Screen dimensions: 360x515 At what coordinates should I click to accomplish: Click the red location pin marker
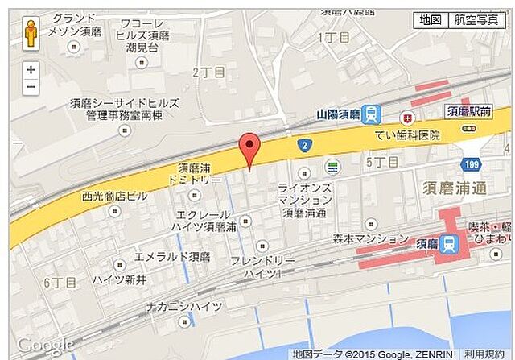[x=251, y=149]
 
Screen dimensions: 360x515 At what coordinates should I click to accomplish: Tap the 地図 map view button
[x=430, y=20]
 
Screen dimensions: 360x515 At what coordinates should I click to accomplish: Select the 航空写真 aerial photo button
[x=476, y=20]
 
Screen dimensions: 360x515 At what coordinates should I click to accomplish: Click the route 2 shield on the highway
[x=304, y=146]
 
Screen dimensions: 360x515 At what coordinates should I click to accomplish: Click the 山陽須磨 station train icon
[x=372, y=115]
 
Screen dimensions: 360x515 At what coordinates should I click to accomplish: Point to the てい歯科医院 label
[x=407, y=135]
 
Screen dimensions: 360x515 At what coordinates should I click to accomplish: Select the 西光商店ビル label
[x=114, y=196]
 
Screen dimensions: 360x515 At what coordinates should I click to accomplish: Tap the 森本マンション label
[x=371, y=239]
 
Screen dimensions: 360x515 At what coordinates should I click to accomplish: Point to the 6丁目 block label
[x=60, y=283]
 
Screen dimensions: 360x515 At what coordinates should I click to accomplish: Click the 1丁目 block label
[x=334, y=37]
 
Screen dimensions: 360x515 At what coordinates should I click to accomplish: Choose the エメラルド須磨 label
[x=172, y=257]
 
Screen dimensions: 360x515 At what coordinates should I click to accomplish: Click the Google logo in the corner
[x=45, y=345]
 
